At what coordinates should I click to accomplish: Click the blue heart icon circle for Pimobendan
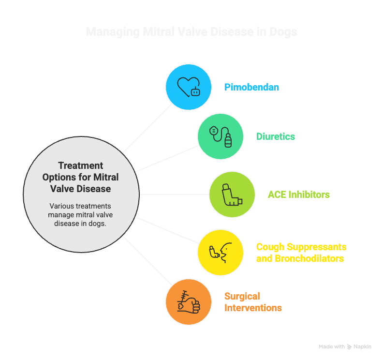[189, 87]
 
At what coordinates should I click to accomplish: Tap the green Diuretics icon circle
[220, 136]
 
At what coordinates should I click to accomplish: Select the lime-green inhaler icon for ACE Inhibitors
[232, 195]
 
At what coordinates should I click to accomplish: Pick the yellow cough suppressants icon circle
[220, 252]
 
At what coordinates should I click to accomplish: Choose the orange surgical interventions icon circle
[189, 302]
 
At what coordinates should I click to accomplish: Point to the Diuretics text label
[276, 136]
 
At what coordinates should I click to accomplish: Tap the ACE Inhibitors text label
[299, 195]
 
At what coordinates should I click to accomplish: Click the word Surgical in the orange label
[242, 296]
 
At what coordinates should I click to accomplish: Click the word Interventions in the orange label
[253, 308]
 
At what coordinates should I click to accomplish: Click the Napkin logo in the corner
[359, 347]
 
